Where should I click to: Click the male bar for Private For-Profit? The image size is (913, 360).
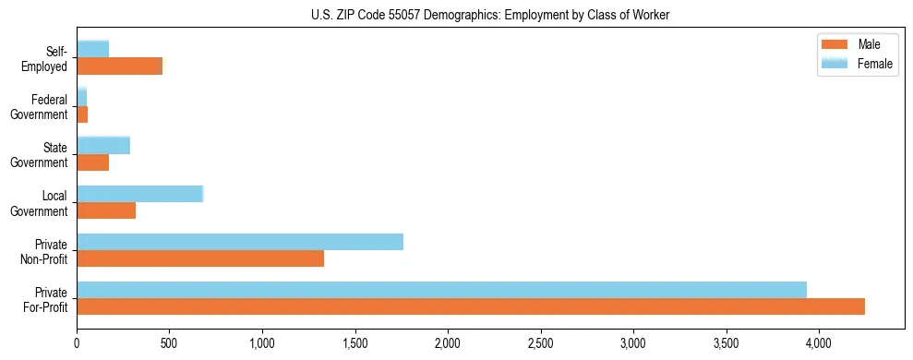point(471,306)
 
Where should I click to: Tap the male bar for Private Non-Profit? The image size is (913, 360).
point(200,258)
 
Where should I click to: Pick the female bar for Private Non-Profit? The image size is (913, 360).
point(240,242)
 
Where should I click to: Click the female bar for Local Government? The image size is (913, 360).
point(139,194)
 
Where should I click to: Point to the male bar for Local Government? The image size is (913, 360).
point(106,210)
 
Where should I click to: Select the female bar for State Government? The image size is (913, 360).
point(103,146)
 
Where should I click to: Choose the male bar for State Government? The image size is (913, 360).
point(92,162)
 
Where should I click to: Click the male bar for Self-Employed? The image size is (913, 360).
point(119,66)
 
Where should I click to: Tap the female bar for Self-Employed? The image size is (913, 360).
point(92,49)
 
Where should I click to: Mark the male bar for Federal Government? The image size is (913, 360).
point(82,114)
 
